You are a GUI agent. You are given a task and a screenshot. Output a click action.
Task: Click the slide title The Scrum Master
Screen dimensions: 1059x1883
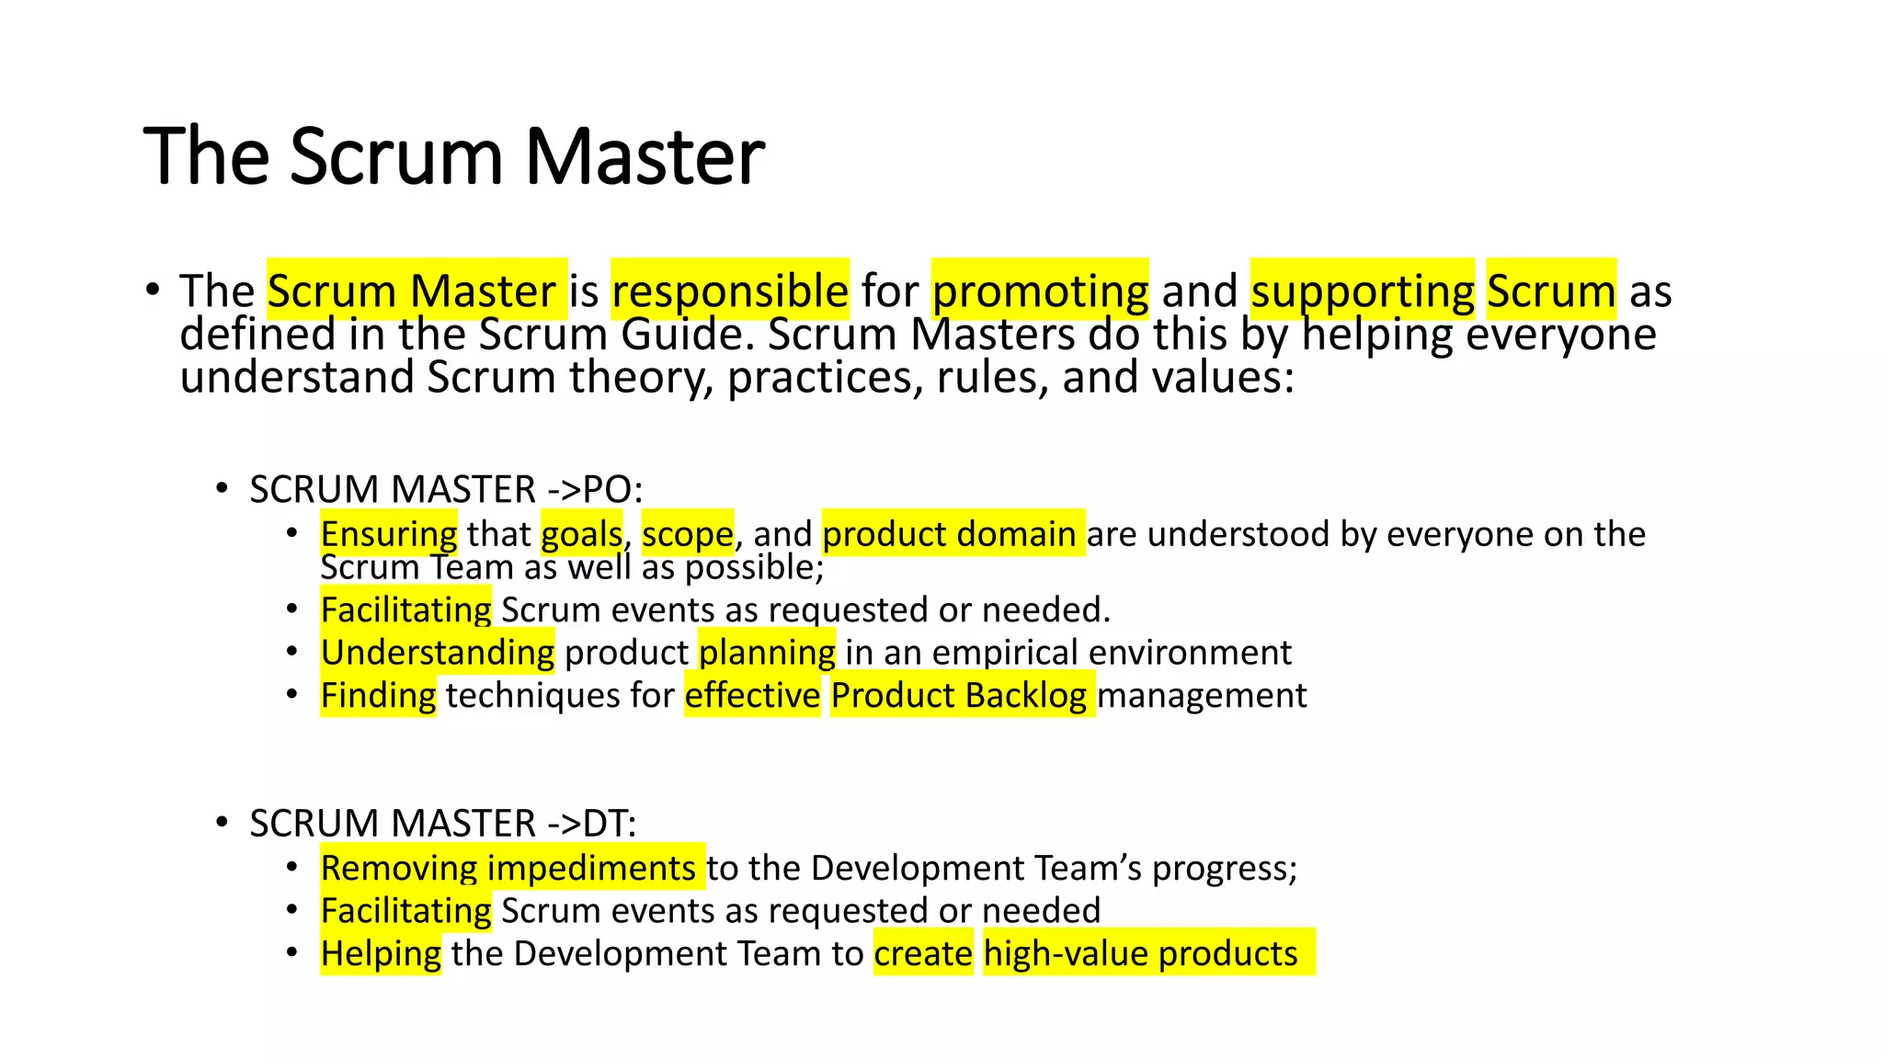453,156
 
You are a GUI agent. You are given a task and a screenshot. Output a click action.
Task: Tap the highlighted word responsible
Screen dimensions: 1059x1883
730,290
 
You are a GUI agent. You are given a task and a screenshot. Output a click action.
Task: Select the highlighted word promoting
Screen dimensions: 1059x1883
1040,290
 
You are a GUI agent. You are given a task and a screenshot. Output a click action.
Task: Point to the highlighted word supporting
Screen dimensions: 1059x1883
1363,290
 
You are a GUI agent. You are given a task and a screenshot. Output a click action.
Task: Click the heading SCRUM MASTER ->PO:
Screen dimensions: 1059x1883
446,489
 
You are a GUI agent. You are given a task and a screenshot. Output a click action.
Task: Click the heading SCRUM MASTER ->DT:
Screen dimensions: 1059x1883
442,823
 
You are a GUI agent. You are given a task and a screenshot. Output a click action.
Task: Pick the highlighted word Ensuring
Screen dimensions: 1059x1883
388,533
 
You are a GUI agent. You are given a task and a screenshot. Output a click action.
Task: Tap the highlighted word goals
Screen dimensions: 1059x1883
581,533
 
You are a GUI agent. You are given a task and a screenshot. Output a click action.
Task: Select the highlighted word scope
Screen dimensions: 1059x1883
688,533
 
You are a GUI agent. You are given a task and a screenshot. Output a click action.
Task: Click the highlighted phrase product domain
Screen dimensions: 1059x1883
953,533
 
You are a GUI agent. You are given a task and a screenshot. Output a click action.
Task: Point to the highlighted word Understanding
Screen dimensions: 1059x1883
438,652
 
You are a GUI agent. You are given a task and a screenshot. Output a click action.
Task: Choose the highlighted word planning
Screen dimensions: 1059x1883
767,652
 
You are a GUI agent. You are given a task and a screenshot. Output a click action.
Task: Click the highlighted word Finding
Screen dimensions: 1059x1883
378,695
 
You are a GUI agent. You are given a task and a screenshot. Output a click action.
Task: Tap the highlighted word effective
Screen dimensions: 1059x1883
752,695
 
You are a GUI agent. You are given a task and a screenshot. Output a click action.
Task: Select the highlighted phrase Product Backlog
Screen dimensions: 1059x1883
962,695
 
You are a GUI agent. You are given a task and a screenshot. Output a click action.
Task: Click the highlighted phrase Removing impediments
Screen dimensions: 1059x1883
511,867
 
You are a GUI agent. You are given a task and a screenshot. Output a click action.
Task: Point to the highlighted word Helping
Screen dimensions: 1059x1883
381,953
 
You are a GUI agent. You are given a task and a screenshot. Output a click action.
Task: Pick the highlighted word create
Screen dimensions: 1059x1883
923,953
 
